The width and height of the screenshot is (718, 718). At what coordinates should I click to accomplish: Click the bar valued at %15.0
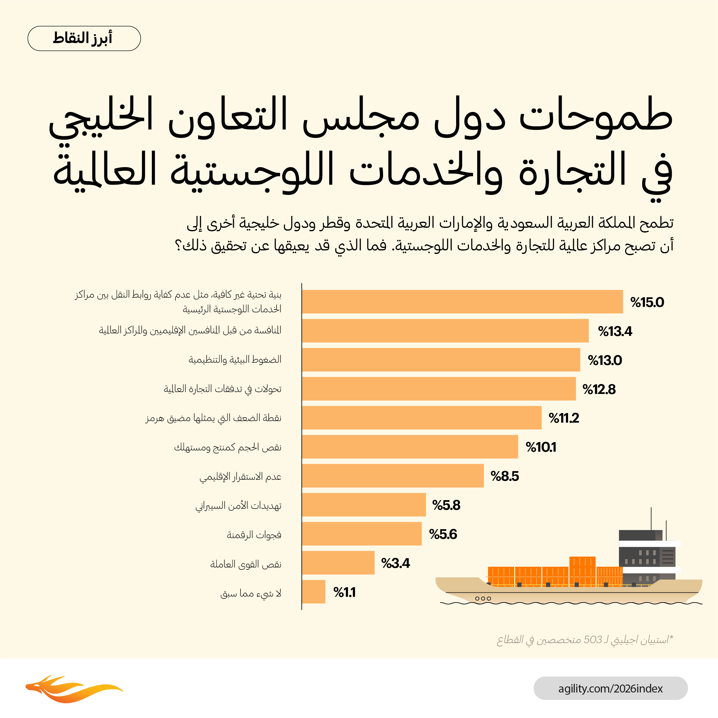coord(462,302)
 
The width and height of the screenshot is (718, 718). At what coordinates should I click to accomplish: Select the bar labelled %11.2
coord(421,418)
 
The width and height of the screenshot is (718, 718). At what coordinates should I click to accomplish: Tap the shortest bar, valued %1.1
coord(314,592)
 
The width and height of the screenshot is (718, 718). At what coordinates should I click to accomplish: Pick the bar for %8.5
coord(393,476)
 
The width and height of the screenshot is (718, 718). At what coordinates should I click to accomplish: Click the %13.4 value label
coord(615,331)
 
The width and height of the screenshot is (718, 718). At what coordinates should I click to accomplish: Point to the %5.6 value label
coord(443,534)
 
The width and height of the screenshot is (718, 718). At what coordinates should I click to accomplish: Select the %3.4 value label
coord(396,563)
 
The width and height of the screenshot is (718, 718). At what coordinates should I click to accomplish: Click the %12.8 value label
coord(599,389)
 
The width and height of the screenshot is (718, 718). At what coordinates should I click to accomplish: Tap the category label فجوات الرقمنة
coord(254,535)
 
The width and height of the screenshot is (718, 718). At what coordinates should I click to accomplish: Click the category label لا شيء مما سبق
coord(251,594)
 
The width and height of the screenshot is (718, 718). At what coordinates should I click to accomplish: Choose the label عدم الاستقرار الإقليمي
coord(241,477)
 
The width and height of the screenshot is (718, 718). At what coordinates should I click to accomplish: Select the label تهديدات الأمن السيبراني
coord(239,506)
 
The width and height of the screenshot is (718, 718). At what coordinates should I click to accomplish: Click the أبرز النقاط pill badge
coord(84,38)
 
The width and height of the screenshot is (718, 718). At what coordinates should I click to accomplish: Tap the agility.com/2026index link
coord(610,688)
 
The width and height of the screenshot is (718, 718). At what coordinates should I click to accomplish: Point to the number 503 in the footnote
coord(592,640)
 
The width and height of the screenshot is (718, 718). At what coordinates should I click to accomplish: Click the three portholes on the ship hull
coord(483,598)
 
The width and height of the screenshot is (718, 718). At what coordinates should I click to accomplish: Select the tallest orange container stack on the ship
coord(582,571)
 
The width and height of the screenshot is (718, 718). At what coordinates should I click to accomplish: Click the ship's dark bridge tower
coord(647,554)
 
